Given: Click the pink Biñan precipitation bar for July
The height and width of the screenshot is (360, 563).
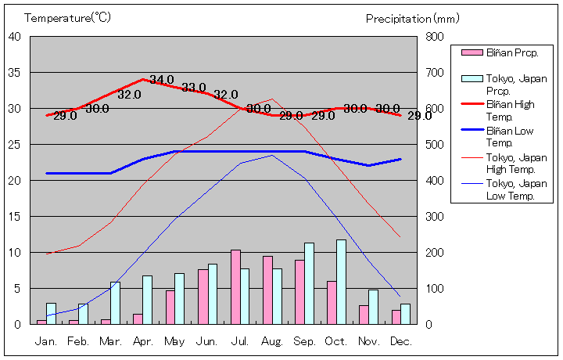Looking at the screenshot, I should click(x=235, y=287).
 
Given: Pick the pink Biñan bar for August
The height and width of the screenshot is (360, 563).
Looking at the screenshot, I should click(x=267, y=290).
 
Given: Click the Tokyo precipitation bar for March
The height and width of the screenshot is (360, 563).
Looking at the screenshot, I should click(x=115, y=303).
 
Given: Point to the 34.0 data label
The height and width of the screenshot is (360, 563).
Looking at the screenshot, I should click(x=162, y=80).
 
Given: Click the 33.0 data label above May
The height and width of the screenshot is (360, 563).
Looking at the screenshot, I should click(x=193, y=88).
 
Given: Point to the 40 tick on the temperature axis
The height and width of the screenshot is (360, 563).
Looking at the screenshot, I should click(x=15, y=36).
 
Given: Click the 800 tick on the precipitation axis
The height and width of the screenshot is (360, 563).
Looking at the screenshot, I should click(x=435, y=37).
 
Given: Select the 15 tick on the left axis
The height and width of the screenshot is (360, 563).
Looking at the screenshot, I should click(x=15, y=216).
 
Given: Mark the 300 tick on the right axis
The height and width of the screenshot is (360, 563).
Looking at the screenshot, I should click(x=435, y=217).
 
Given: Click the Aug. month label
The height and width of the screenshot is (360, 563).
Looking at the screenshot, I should click(x=272, y=342).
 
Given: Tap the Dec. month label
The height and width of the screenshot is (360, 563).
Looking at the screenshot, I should click(x=400, y=342).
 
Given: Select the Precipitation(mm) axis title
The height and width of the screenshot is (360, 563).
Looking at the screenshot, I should click(x=413, y=17).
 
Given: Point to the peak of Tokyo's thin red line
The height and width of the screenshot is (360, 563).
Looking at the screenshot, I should click(x=272, y=99).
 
